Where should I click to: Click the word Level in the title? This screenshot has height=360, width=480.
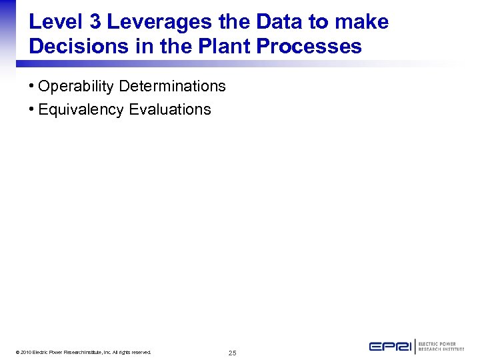coord(56,22)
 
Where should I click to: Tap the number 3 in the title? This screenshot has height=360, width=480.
coord(95,22)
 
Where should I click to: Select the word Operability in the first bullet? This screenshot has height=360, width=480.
coord(76,87)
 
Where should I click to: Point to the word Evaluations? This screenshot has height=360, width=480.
coord(170,110)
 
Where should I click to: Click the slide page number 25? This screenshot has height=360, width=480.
coord(232,353)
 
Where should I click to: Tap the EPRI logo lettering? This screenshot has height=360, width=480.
coord(391,347)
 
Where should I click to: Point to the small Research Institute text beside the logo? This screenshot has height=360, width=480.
coord(441,349)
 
